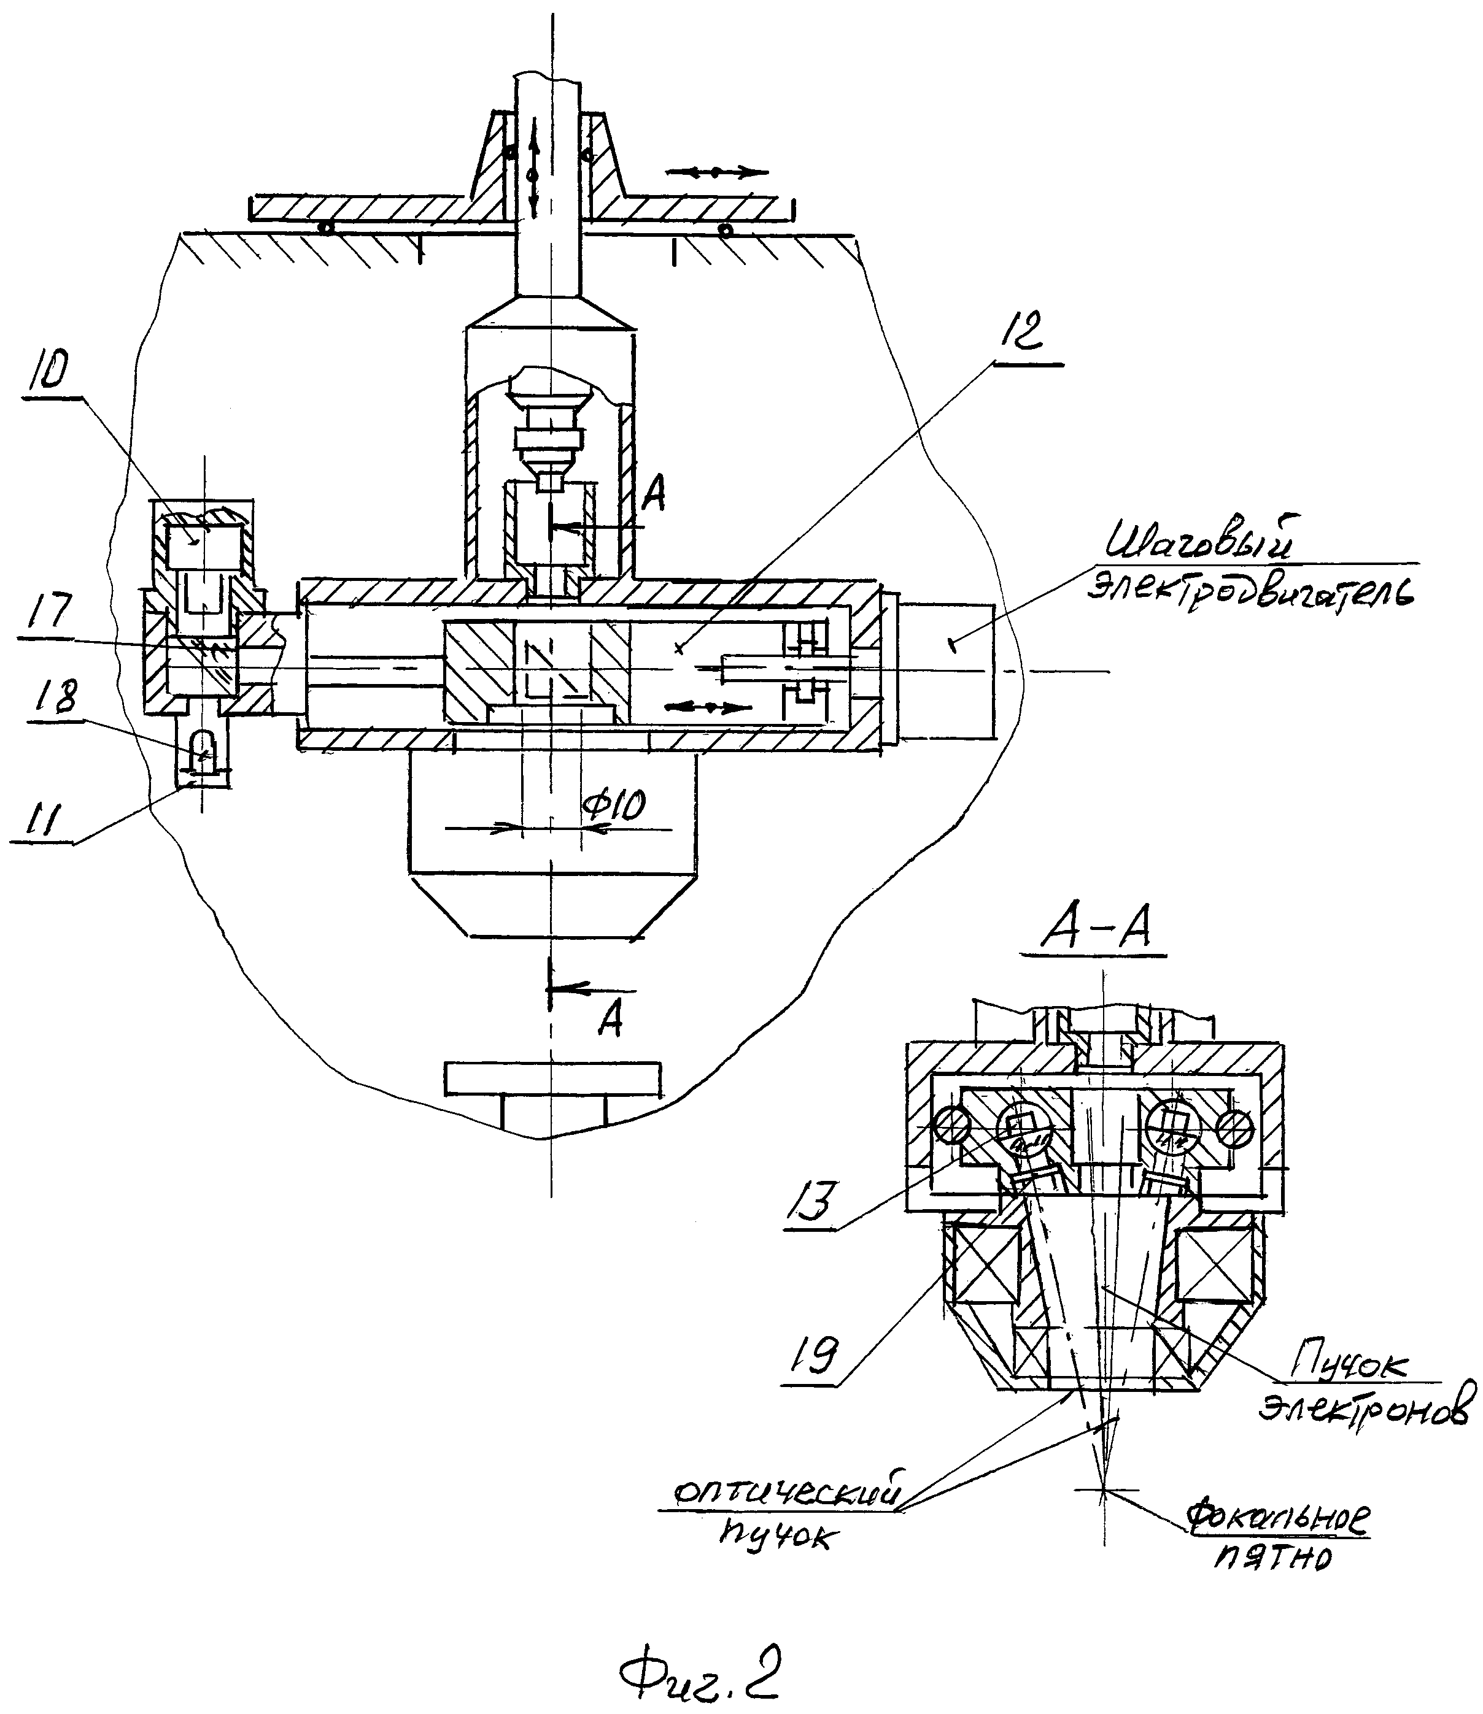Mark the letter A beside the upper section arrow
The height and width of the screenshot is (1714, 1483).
coord(653,496)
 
